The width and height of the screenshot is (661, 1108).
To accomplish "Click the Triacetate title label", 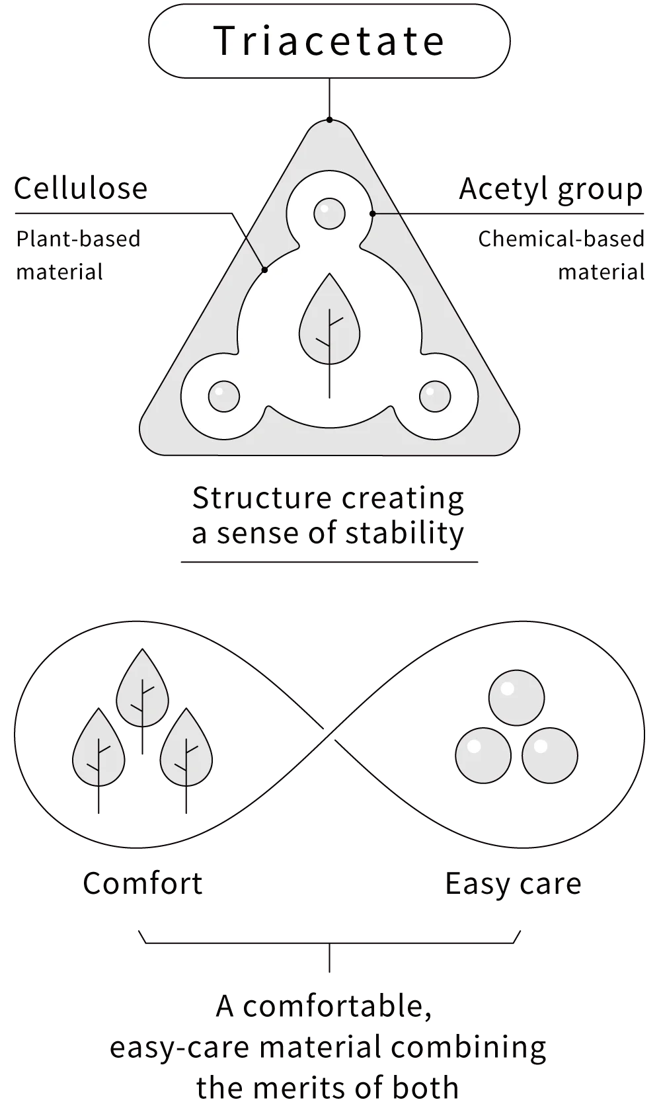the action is [329, 41].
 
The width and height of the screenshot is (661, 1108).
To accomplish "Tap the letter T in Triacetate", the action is [223, 41].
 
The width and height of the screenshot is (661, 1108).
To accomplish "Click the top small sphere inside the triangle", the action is [329, 214].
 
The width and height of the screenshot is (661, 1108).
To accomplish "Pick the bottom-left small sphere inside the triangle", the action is [224, 396].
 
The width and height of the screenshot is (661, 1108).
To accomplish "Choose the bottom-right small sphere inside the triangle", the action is [435, 396].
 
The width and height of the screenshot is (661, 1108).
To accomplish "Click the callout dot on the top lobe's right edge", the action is [373, 214].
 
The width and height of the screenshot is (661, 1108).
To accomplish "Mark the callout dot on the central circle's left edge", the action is [264, 270].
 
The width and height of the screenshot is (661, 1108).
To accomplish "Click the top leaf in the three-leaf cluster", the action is [142, 688].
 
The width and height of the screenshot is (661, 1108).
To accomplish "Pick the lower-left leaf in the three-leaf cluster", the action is [98, 747].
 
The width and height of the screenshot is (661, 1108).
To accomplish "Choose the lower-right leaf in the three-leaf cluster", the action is [186, 747].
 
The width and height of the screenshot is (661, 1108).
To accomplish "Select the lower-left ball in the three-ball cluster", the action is [483, 755].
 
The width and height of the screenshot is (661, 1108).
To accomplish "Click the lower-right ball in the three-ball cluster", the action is [550, 755].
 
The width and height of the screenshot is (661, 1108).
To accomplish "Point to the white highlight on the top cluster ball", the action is [508, 688].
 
